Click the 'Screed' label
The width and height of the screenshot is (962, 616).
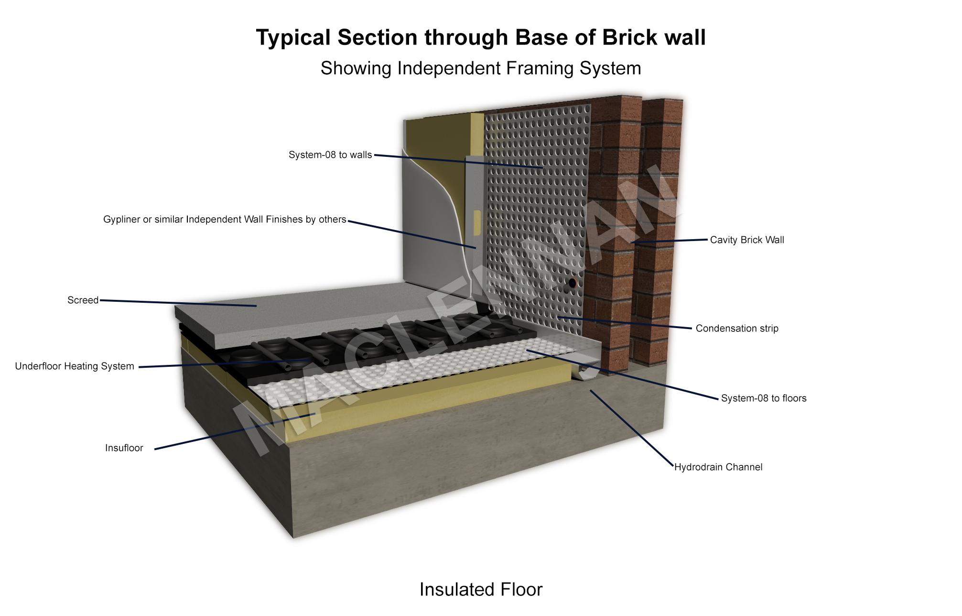(83, 300)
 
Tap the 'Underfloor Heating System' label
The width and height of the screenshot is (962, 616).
(75, 366)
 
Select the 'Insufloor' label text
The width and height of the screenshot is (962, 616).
(124, 448)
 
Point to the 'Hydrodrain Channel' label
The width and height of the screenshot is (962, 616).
(718, 467)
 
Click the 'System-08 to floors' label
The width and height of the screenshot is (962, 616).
(764, 398)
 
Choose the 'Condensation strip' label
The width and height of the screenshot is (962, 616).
(737, 329)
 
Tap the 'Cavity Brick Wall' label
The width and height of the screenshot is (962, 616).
(747, 240)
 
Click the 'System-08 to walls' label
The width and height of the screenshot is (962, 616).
(330, 155)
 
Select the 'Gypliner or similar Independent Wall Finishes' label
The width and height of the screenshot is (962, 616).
(225, 220)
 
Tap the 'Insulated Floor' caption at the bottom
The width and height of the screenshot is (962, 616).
(481, 590)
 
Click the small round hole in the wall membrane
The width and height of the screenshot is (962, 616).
(572, 283)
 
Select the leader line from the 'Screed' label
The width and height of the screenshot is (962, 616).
(177, 303)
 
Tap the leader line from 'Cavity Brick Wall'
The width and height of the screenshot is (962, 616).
(669, 242)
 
